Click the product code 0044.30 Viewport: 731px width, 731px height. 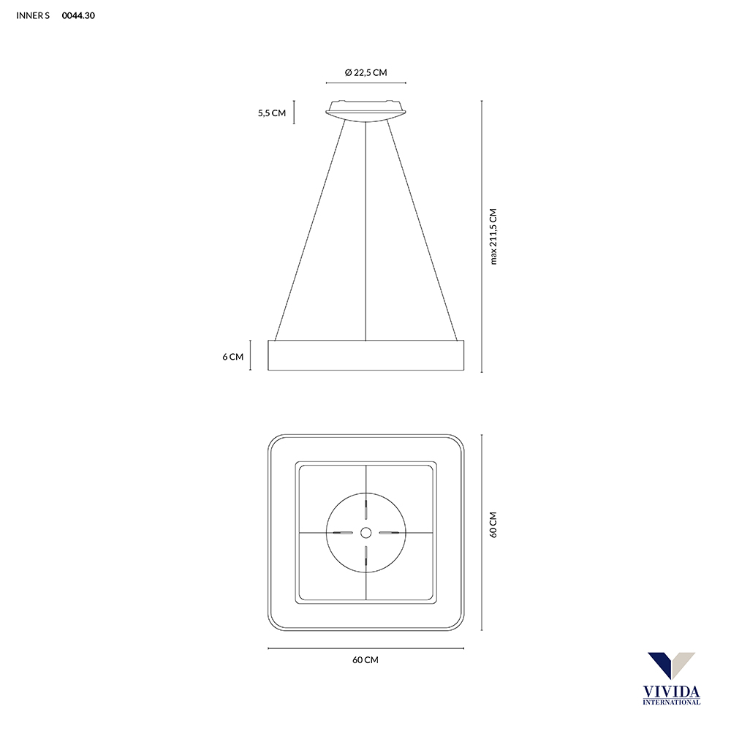pyautogui.click(x=79, y=15)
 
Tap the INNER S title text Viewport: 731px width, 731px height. pyautogui.click(x=33, y=15)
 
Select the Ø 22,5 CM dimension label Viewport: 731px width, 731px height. pyautogui.click(x=365, y=72)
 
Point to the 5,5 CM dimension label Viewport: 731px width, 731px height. pyautogui.click(x=271, y=113)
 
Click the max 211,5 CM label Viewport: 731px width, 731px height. pyautogui.click(x=493, y=236)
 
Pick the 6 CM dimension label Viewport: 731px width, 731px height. pyautogui.click(x=233, y=357)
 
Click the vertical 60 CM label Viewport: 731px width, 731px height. pyautogui.click(x=493, y=525)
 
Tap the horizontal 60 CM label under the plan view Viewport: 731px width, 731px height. pyautogui.click(x=365, y=659)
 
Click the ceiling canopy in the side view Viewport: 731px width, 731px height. pyautogui.click(x=365, y=110)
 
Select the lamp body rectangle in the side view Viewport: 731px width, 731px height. pyautogui.click(x=365, y=355)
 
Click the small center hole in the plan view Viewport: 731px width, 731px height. pyautogui.click(x=365, y=532)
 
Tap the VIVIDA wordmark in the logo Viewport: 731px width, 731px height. pyautogui.click(x=670, y=690)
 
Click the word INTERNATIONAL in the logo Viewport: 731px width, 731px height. pyautogui.click(x=670, y=702)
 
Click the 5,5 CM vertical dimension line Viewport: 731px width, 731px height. pyautogui.click(x=294, y=113)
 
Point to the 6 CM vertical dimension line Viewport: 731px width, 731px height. pyautogui.click(x=251, y=355)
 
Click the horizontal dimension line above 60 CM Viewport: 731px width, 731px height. pyautogui.click(x=365, y=648)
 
